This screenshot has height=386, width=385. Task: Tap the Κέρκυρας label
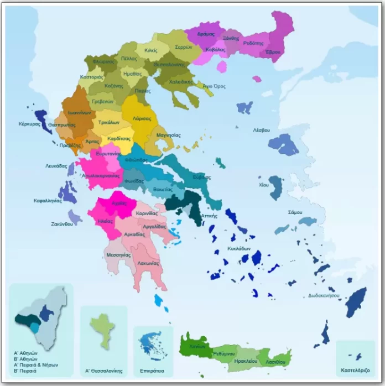[29, 124]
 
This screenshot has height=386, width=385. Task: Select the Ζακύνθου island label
[63, 225]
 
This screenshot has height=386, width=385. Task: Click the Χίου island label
[264, 185]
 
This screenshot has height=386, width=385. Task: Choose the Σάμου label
[295, 212]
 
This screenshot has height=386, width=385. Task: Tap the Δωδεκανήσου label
[324, 296]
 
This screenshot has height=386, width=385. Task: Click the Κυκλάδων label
[239, 249]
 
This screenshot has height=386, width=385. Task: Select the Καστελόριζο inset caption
[355, 369]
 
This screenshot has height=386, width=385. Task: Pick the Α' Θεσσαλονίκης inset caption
[103, 371]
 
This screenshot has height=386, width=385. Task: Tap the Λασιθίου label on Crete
[275, 362]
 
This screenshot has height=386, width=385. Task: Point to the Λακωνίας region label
[148, 263]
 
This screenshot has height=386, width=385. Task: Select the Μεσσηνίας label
[118, 255]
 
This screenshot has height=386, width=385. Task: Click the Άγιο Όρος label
[214, 87]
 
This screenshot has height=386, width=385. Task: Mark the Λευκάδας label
[56, 165]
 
